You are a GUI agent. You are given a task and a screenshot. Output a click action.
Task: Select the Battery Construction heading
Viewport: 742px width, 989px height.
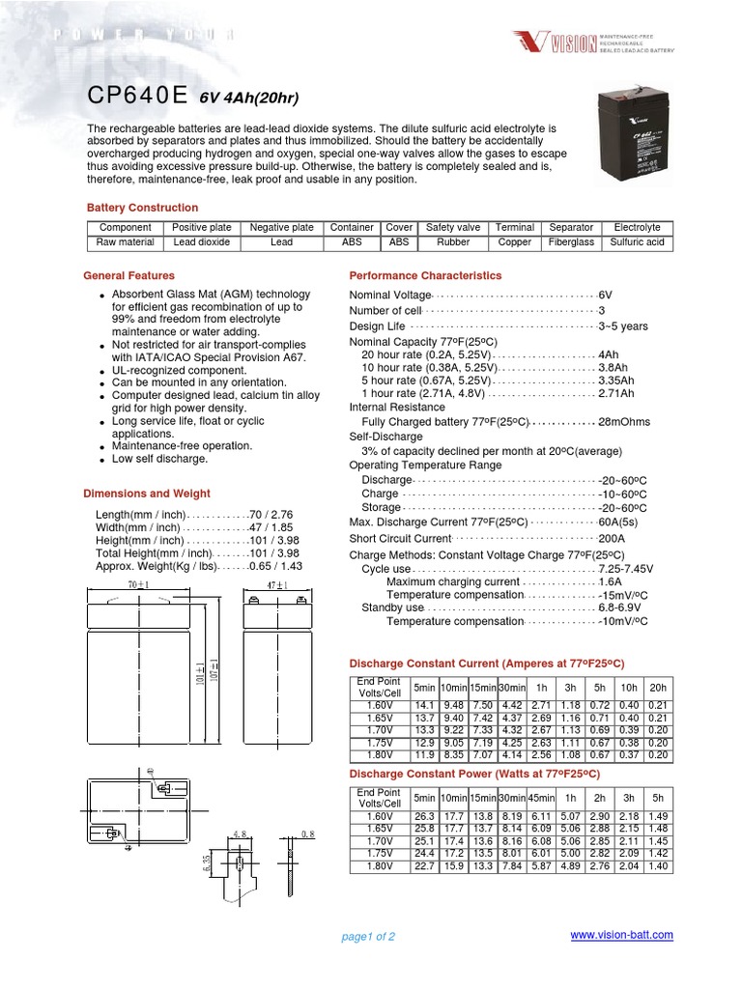pos(142,208)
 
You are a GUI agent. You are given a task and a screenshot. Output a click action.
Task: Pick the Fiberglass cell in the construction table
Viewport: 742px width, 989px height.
pos(571,242)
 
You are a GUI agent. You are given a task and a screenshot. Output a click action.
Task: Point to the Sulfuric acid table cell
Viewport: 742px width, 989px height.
pos(638,242)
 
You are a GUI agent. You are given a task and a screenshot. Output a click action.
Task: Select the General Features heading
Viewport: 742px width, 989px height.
pos(129,275)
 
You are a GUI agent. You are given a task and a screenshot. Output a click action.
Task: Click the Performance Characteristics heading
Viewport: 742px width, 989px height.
pos(425,275)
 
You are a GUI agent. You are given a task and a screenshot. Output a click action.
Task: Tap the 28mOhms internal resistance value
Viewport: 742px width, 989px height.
pos(624,422)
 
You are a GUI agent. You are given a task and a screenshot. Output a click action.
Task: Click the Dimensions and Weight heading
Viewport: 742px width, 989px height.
pos(147,494)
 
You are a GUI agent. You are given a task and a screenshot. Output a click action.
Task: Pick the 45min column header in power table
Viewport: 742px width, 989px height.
pos(541,798)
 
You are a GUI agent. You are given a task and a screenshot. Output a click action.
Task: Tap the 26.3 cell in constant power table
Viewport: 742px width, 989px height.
pos(424,817)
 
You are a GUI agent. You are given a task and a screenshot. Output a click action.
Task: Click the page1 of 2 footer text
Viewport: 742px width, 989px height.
pos(368,937)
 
